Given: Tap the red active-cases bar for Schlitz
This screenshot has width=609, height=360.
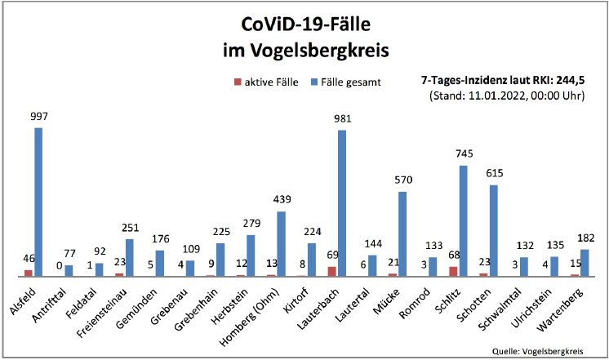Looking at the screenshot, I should pos(453,271).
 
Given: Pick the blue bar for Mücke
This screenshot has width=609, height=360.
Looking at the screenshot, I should pos(402,233).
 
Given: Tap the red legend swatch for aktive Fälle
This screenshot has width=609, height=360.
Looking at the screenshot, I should pos(237,82).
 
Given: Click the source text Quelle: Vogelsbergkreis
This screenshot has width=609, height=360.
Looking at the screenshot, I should pos(538,350).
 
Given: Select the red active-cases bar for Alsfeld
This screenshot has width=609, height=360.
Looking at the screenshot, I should pos(28,273).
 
